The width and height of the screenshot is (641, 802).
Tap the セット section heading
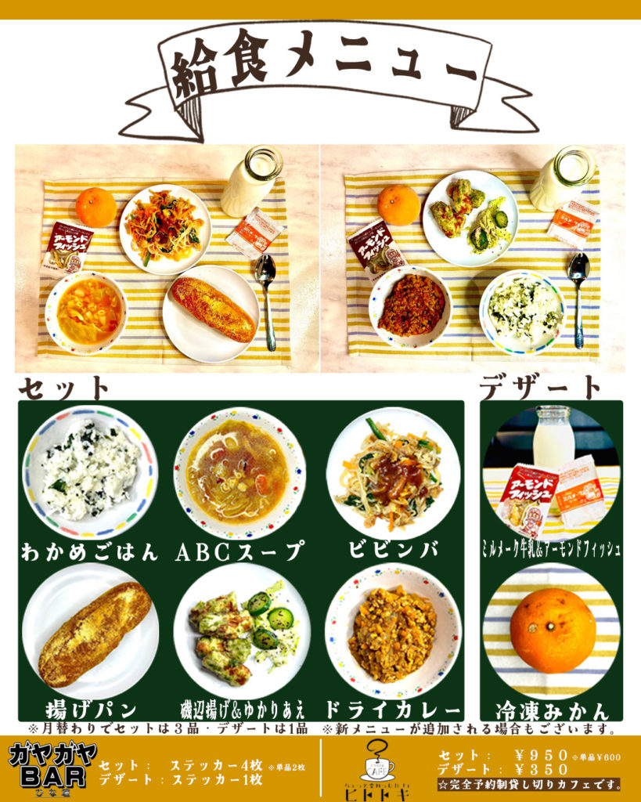point(65,387)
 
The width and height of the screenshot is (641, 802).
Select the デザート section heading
point(541,387)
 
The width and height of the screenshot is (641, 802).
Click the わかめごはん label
point(89,551)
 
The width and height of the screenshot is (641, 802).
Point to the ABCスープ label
point(239,551)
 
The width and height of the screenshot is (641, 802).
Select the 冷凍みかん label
point(551,711)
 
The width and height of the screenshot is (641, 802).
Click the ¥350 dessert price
point(537,769)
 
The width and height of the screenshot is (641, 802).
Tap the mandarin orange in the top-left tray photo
point(95,207)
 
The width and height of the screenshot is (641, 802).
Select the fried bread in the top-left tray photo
point(214,309)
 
